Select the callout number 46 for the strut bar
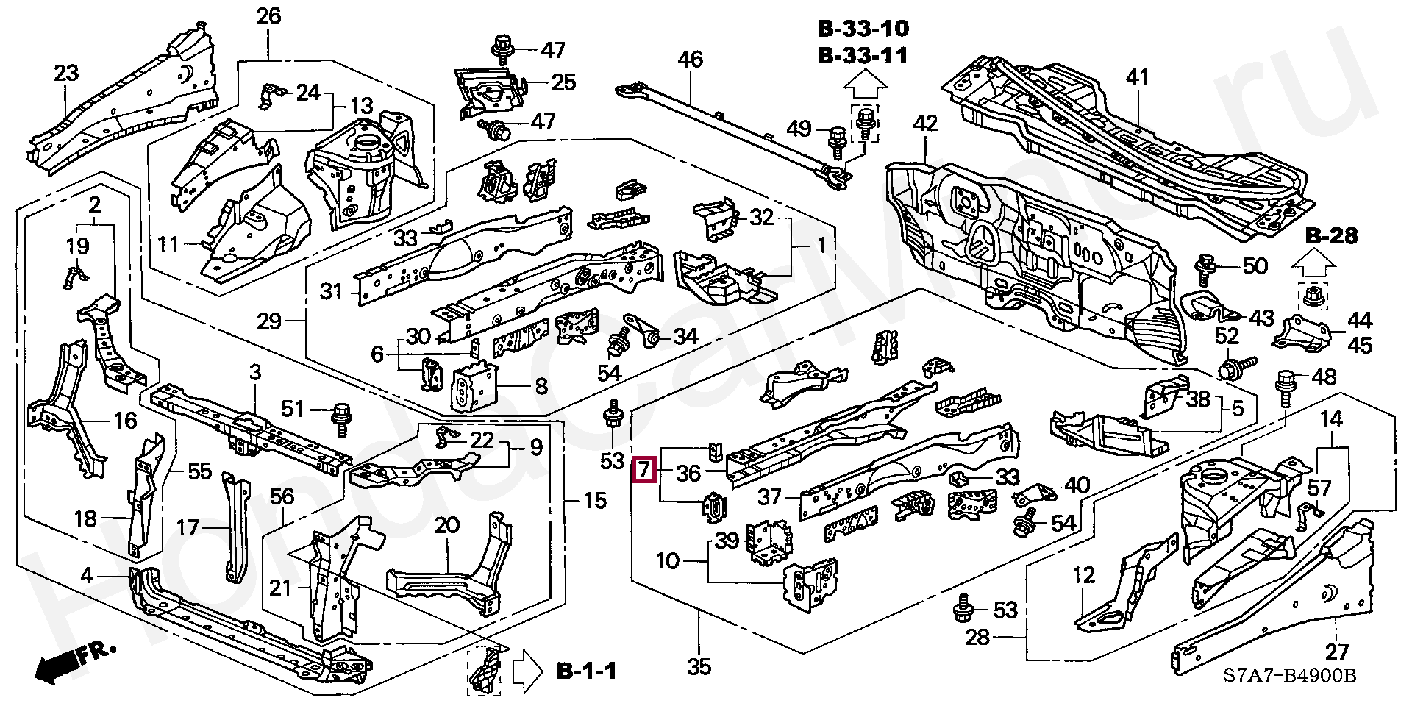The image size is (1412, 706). coord(690,59)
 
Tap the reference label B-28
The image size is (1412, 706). coord(1332,236)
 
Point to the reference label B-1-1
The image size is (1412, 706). coord(586,671)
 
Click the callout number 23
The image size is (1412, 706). coord(66,74)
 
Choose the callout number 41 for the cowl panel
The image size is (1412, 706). coord(1137,76)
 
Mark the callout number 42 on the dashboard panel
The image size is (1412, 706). coord(925,123)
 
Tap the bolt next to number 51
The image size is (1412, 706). coord(342,416)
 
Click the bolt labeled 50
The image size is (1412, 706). coord(1205,268)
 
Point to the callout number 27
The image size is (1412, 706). coord(1337,652)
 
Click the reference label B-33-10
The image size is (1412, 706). coord(863,29)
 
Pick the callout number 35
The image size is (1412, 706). coord(699,667)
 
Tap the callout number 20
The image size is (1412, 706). coord(446,526)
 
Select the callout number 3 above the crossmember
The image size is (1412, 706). coord(254,372)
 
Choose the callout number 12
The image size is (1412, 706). coord(1084,576)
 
